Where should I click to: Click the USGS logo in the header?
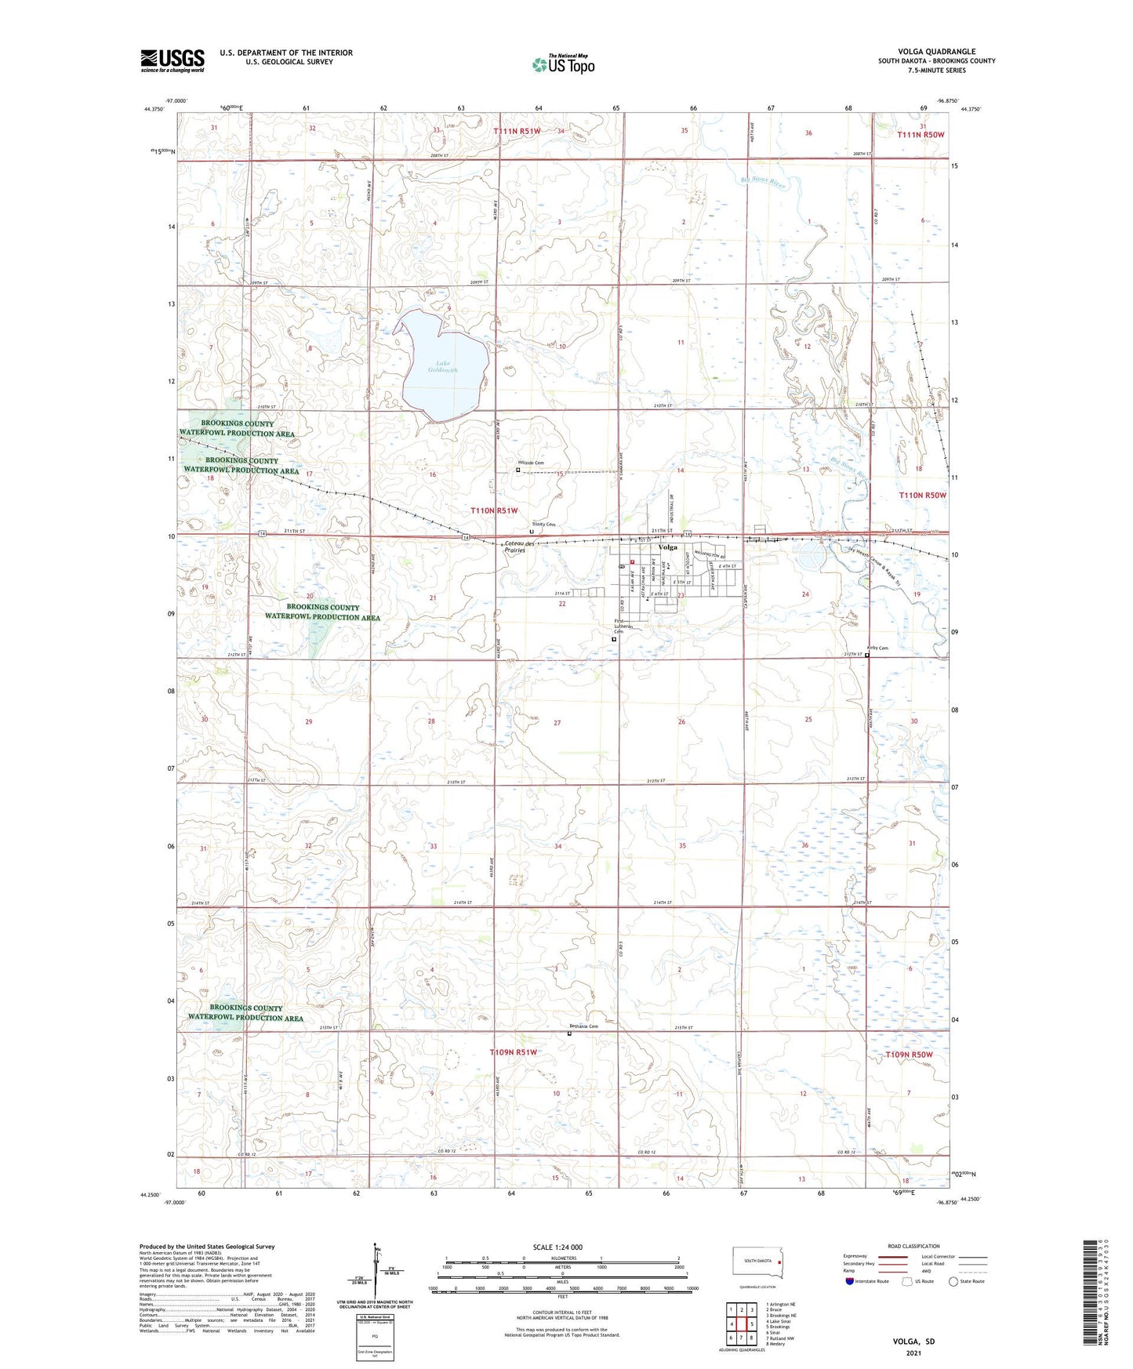click(172, 60)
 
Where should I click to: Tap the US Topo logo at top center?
click(563, 64)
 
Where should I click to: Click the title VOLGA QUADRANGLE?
click(936, 52)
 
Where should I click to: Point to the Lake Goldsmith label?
click(442, 367)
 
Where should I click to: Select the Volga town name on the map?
click(668, 547)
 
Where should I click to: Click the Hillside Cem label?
click(529, 463)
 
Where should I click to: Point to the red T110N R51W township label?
click(494, 510)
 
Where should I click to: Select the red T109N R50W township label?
click(909, 1055)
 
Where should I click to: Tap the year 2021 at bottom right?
click(913, 1353)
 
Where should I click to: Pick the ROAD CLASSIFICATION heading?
click(914, 1246)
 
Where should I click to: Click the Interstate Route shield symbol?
click(850, 1281)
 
